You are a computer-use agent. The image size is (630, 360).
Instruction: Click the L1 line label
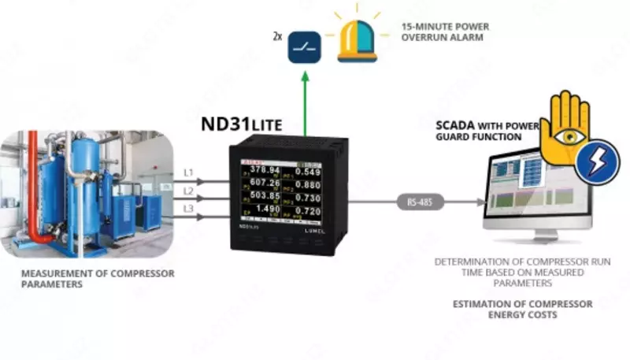(x=188, y=172)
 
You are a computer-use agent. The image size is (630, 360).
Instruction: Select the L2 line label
(x=188, y=191)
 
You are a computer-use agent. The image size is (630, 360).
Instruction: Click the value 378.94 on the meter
(x=266, y=170)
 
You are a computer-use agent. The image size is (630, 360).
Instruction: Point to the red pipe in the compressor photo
(x=35, y=181)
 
